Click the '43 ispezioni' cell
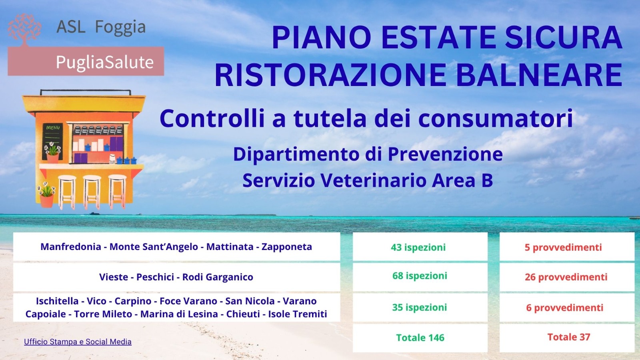coord(420,246)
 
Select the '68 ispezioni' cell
coord(420,277)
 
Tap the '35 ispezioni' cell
coord(420,308)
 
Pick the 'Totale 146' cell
coord(420,338)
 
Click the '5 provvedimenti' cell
coord(567,246)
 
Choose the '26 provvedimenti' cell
coord(567,277)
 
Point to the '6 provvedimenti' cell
coord(567,308)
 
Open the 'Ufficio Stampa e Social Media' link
coord(78,342)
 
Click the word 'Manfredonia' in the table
coord(71,247)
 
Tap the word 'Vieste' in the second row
coord(114,277)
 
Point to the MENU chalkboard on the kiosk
coord(52,142)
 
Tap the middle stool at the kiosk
coord(92,192)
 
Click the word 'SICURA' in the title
coord(563,38)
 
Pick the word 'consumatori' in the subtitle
coord(496,118)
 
